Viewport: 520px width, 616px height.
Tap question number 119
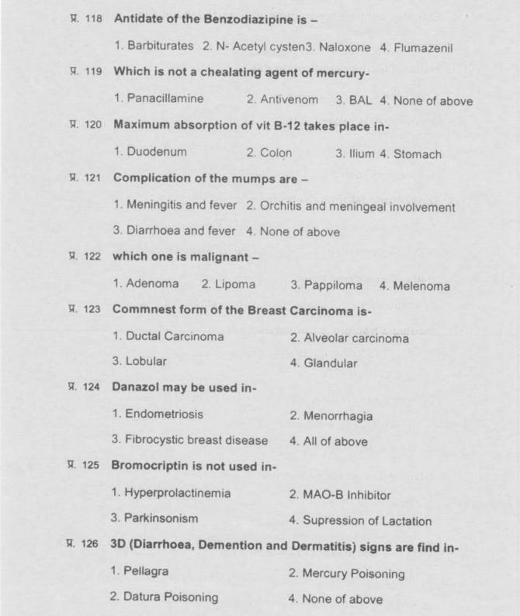click(x=92, y=72)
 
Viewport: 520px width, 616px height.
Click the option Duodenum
click(x=150, y=153)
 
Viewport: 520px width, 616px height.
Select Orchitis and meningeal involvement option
click(x=350, y=206)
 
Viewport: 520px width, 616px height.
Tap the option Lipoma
click(x=228, y=284)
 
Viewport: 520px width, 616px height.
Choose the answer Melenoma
click(x=414, y=285)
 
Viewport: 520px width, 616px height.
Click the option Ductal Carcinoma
click(x=168, y=337)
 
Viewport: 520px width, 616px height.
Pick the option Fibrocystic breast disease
click(x=190, y=441)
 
